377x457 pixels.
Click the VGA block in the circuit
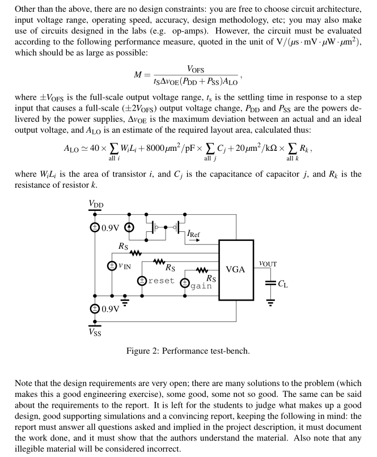pyautogui.click(x=236, y=269)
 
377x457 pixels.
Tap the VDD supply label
pyautogui.click(x=96, y=204)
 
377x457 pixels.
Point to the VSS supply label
pyautogui.click(x=95, y=333)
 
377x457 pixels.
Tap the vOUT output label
pyautogui.click(x=267, y=264)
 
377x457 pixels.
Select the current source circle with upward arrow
pyautogui.click(x=129, y=228)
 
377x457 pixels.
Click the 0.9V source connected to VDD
pyautogui.click(x=95, y=228)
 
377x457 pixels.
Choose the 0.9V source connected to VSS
pyautogui.click(x=95, y=308)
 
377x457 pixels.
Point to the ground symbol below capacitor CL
pyautogui.click(x=270, y=302)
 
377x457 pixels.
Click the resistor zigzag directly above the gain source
pyautogui.click(x=202, y=270)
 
